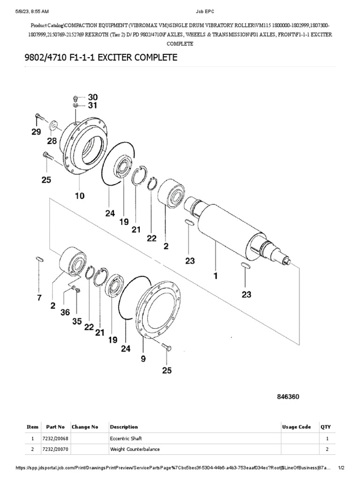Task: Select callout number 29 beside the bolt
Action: coord(37,133)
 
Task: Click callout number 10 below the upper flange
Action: coord(79,196)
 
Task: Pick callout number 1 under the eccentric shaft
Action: coord(216,276)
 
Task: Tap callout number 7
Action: coord(39,297)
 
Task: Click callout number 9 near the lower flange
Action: coord(143,359)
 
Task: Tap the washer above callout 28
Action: coord(53,125)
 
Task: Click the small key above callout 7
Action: coord(40,258)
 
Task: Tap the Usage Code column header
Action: coord(296,427)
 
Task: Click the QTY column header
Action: coord(325,427)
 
